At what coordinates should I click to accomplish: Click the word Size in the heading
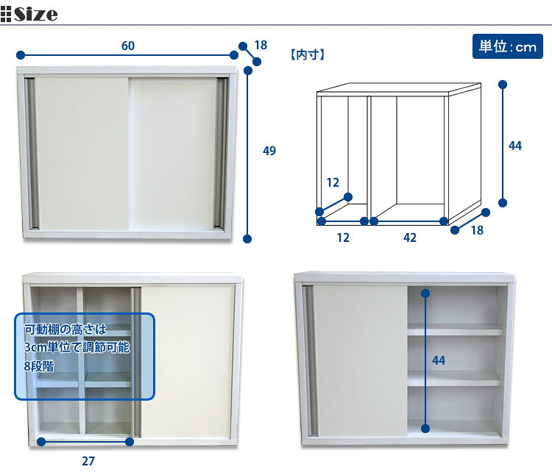point(35,14)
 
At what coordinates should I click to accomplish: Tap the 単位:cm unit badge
point(507,46)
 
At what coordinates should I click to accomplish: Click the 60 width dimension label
point(128,46)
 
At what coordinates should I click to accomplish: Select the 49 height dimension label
point(269,151)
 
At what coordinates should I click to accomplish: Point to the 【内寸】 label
point(308,55)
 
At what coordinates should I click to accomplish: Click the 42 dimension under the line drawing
point(410,237)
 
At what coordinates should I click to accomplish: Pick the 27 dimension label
point(88,461)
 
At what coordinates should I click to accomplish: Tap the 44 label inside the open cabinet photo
point(439,360)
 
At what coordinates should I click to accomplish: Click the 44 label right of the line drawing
point(515,146)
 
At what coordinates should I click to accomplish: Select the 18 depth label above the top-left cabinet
point(261,45)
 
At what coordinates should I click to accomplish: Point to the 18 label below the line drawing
point(477,230)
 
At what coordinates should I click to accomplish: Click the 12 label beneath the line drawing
point(343,237)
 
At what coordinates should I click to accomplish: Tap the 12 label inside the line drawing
point(333,182)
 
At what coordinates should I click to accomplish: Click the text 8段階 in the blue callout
point(39,366)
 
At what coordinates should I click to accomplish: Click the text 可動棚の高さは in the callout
point(65,329)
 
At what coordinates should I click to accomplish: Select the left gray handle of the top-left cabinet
point(32,154)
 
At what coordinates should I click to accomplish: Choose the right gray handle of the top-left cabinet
point(221,154)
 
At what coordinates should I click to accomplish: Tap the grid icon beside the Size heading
point(6,15)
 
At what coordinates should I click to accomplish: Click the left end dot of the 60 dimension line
point(21,55)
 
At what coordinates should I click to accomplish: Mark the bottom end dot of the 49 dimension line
point(247,239)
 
